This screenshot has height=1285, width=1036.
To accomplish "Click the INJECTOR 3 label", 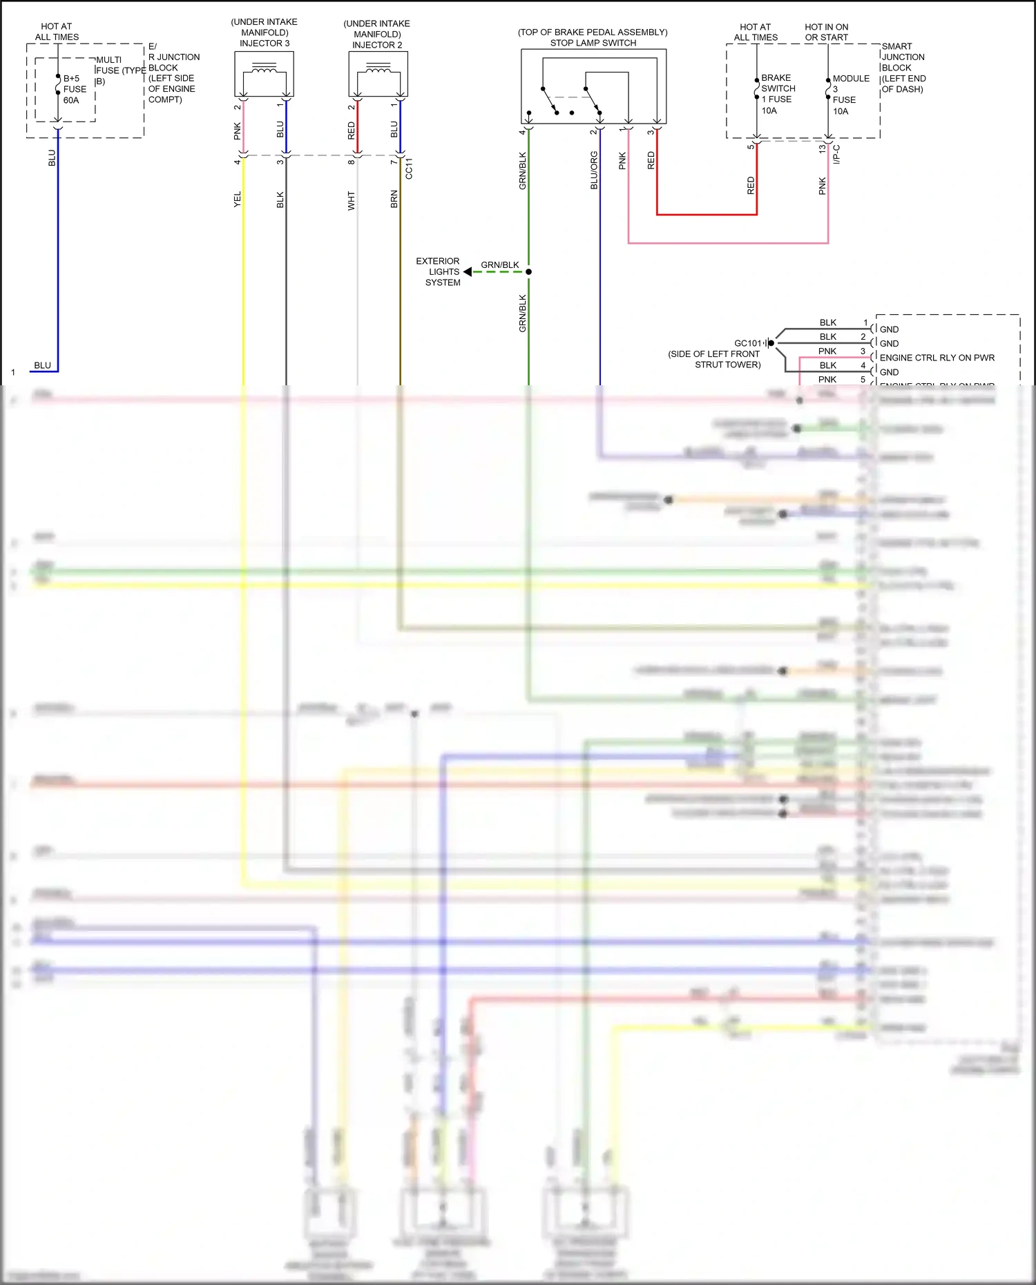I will pos(265,44).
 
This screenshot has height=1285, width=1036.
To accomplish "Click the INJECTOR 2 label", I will pos(377,45).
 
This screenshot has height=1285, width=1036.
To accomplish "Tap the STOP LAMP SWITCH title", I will pos(593,43).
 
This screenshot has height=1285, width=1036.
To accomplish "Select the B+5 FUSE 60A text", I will pos(74,89).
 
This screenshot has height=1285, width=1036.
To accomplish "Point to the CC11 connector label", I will pos(409,168).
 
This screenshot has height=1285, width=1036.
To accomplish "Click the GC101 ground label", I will pos(747,343).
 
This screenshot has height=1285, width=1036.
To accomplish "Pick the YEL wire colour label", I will pos(238,200).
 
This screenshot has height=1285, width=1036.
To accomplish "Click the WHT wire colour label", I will pos(352,200).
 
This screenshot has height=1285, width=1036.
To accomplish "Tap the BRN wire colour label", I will pos(394,200).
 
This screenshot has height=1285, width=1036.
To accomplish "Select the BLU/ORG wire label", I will pos(594,171).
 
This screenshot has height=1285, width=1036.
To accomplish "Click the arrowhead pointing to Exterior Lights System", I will pos(468,272).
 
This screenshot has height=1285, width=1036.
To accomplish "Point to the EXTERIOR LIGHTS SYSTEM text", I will pos(439,272).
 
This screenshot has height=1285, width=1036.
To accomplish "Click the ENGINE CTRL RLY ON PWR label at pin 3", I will pos(937,358).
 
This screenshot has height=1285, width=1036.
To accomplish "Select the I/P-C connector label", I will pos(837,154).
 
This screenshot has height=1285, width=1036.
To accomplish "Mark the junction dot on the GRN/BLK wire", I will pos(528,272).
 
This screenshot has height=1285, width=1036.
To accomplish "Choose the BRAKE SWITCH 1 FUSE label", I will pos(778,88).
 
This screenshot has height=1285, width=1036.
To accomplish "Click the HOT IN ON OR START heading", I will pos(826,32).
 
